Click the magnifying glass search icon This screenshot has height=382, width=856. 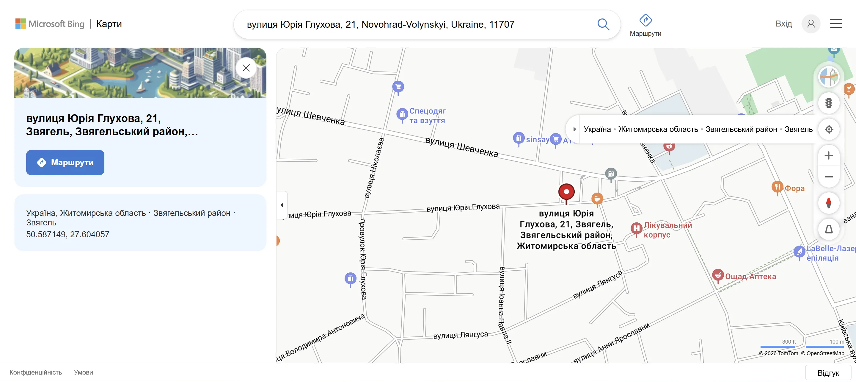[603, 24]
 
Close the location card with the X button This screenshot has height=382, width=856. [246, 68]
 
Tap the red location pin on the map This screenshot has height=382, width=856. [566, 192]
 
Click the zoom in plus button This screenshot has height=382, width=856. [829, 155]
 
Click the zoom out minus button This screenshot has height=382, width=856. [829, 177]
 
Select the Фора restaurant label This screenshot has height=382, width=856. [794, 188]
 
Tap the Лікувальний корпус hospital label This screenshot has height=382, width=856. [667, 230]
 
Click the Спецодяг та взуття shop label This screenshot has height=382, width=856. [427, 116]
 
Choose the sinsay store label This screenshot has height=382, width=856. [537, 139]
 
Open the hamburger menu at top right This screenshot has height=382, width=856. [836, 24]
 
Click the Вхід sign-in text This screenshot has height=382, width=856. [783, 24]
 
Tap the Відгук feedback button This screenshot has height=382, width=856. [828, 373]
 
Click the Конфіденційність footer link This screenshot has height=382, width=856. [36, 372]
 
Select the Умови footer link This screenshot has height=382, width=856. [84, 372]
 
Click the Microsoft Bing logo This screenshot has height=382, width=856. [50, 24]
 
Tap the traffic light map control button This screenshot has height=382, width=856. [829, 103]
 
